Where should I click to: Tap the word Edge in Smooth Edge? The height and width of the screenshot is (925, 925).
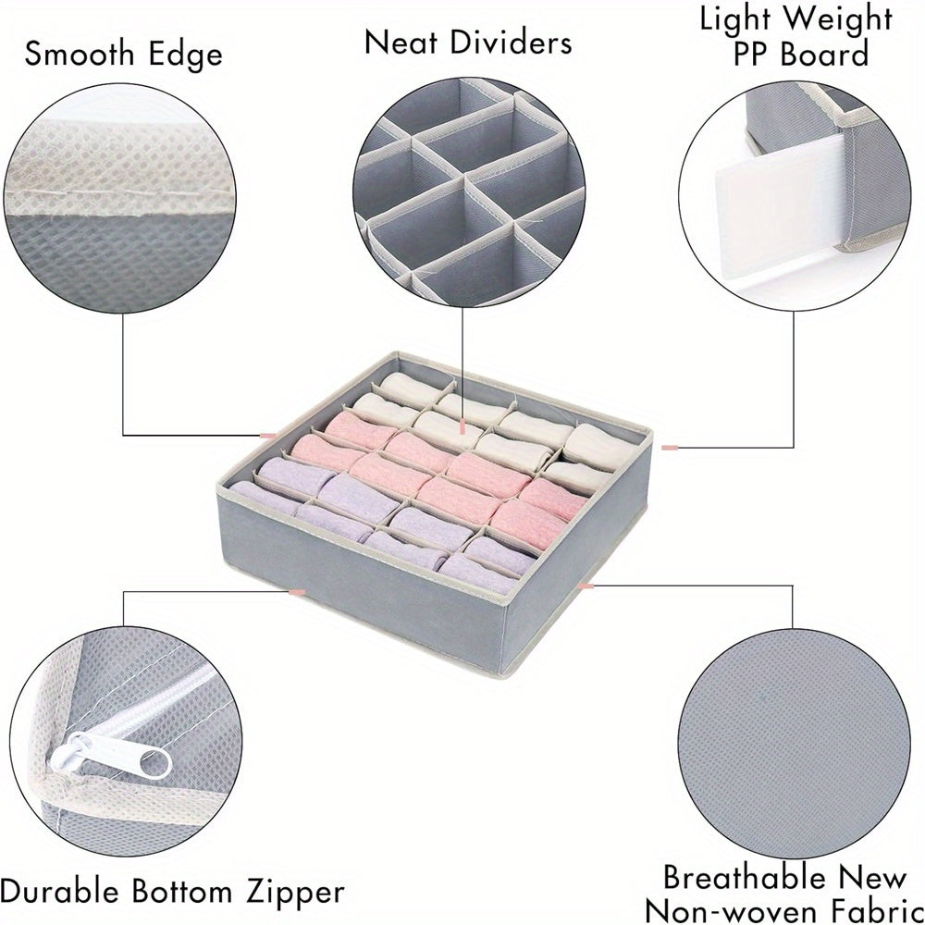click(185, 54)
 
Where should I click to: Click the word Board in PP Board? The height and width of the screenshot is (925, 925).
click(827, 54)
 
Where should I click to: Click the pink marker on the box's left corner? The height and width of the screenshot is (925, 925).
click(268, 433)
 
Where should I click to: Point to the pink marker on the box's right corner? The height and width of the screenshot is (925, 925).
click(670, 448)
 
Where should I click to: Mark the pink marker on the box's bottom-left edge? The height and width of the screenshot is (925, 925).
click(297, 589)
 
